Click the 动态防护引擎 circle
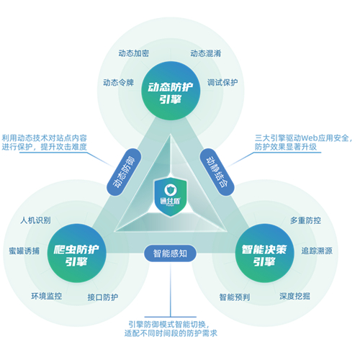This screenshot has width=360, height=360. pyautogui.click(x=171, y=91)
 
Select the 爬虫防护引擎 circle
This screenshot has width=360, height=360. pyautogui.click(x=76, y=253)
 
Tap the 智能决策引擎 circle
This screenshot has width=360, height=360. pyautogui.click(x=264, y=253)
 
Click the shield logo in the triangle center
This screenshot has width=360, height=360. pyautogui.click(x=171, y=197)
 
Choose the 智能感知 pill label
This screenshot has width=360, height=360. pyautogui.click(x=170, y=253)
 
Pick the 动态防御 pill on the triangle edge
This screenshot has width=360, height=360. pyautogui.click(x=124, y=172)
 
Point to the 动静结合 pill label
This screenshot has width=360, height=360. pyautogui.click(x=217, y=172)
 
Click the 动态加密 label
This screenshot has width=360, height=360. pyautogui.click(x=134, y=53)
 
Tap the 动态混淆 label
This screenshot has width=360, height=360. pyautogui.click(x=206, y=53)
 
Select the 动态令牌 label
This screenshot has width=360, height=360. pyautogui.click(x=118, y=83)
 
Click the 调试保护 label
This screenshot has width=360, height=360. pyautogui.click(x=222, y=83)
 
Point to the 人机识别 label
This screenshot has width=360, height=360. pyautogui.click(x=35, y=220)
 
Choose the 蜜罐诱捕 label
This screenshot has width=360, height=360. pyautogui.click(x=24, y=251)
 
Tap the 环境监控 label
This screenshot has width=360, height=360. pyautogui.click(x=47, y=296)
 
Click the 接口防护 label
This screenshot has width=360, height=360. pyautogui.click(x=103, y=297)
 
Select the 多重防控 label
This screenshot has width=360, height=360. pyautogui.click(x=305, y=220)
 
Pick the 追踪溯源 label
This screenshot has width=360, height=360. pyautogui.click(x=317, y=251)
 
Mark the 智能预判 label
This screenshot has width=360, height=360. pyautogui.click(x=235, y=297)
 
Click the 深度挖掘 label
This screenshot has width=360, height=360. pyautogui.click(x=294, y=296)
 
